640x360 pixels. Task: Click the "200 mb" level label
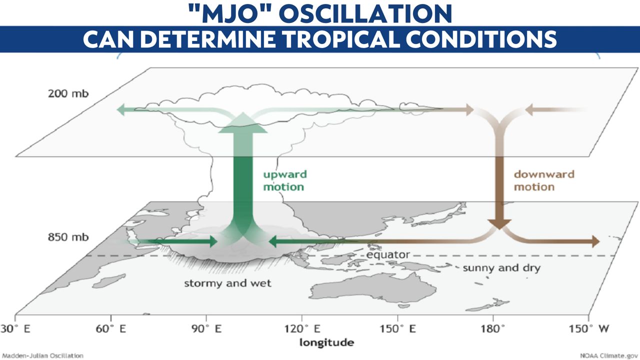pos(68,93)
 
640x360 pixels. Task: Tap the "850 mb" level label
pos(68,237)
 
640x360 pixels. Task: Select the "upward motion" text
pos(285,180)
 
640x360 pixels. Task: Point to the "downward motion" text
pos(544,180)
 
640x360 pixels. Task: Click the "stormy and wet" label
pos(227,283)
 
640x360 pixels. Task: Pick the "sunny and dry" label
pos(501,267)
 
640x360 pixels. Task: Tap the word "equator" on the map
pos(388,254)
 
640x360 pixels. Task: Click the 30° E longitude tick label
pos(15,328)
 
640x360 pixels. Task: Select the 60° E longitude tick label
pos(111,328)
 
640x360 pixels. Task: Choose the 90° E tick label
pos(206,328)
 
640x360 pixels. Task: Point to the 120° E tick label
pos(302,328)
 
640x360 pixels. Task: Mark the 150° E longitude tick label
pos(397,328)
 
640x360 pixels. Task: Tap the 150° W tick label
pos(589,328)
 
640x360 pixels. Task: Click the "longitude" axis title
pos(327,342)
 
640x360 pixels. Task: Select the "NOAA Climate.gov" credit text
pos(609,355)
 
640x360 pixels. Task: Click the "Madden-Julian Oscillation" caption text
pos(43,355)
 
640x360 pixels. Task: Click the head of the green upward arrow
pos(243,123)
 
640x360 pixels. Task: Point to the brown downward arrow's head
pos(499,224)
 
